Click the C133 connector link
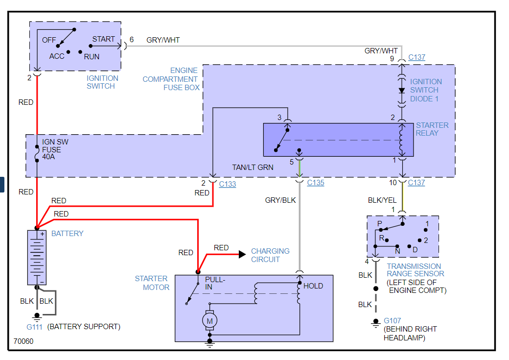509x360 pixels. click(228, 184)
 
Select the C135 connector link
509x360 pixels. click(316, 183)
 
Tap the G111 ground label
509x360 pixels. click(35, 327)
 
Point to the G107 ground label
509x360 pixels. click(393, 321)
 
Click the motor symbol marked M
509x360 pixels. click(210, 321)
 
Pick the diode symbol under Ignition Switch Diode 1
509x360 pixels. click(402, 91)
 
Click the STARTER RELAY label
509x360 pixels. click(432, 129)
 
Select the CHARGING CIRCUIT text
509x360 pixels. click(270, 255)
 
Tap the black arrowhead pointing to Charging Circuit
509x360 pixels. click(242, 254)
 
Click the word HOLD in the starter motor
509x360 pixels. click(313, 286)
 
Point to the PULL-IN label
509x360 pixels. click(215, 283)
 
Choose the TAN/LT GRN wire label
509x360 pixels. click(253, 168)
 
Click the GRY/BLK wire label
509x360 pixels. click(280, 200)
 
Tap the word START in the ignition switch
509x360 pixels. click(104, 39)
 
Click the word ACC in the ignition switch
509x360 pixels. click(57, 56)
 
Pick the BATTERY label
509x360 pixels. click(68, 234)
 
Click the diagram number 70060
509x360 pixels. click(23, 341)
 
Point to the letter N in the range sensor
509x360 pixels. click(398, 250)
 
